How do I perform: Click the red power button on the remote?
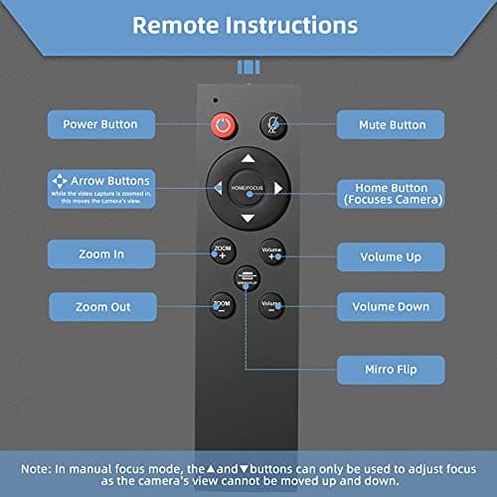coord(223,127)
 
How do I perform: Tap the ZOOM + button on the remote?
coord(222,250)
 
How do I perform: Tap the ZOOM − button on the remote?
coord(221,304)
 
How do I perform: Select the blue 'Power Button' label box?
coord(100,125)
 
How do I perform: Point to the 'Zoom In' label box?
coord(100,254)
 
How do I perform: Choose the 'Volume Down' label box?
coord(391,307)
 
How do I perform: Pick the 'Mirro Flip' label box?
coord(391,371)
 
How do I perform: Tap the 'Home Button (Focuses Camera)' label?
coord(391,193)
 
